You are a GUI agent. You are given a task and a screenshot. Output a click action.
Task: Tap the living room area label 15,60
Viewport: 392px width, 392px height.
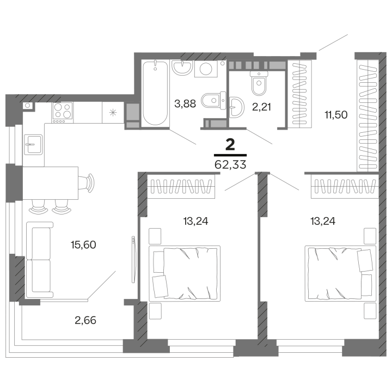[83, 244]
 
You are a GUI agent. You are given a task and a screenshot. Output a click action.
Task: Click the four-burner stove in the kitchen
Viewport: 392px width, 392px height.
[63, 112]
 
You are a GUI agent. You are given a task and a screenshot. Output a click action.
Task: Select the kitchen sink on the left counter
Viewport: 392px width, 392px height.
[33, 145]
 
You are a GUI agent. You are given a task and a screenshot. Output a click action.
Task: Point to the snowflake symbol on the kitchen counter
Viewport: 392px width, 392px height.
[112, 113]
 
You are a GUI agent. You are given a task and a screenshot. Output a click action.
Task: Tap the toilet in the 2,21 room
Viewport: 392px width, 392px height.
[258, 82]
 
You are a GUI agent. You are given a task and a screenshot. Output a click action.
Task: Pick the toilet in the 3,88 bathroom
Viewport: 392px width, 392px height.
[210, 101]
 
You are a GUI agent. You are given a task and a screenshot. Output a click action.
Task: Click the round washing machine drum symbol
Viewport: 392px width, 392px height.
[206, 69]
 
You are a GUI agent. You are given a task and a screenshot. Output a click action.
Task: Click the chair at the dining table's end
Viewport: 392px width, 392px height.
[88, 181]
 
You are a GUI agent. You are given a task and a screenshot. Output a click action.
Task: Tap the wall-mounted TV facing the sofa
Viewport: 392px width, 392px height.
[132, 259]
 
